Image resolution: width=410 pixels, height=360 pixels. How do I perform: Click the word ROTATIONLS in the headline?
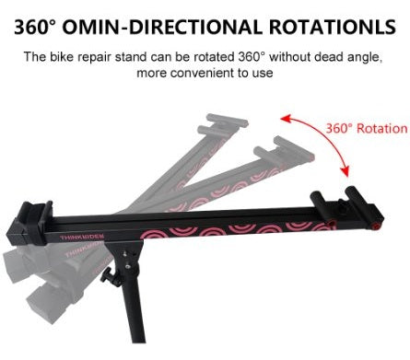pos(333,27)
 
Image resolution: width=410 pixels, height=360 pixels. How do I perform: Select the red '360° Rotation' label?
pos(367,128)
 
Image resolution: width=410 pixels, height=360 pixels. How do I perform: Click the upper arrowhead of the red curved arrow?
pos(286,119)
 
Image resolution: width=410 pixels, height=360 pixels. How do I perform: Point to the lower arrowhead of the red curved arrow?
pos(346,171)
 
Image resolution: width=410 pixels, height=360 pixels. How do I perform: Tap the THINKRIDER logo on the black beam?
pos(82,237)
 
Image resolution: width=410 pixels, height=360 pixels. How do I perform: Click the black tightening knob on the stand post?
pos(106,274)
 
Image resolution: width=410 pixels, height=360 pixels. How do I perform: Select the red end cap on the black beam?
pos(375,226)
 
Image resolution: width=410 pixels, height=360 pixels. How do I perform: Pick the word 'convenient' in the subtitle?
pos(204,73)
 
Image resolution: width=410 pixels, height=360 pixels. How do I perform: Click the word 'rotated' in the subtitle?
pos(214,57)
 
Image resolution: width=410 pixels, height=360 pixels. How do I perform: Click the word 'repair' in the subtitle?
pos(94,58)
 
